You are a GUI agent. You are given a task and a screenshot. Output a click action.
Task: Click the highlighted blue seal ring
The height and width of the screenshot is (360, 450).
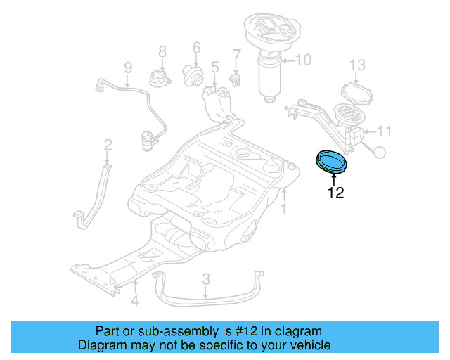332,161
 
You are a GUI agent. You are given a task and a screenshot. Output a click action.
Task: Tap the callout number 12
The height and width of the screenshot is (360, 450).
336,193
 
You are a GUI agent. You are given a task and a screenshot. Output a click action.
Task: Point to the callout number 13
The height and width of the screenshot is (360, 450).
358,65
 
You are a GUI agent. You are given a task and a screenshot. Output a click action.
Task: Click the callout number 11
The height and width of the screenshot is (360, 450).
385,131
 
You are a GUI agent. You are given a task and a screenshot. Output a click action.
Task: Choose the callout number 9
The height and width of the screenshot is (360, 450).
128,68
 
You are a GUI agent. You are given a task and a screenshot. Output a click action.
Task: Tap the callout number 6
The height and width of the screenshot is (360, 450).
196,49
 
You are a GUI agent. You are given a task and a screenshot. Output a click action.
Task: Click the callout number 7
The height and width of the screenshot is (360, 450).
237,54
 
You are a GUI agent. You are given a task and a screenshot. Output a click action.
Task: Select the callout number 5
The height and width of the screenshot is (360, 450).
214,68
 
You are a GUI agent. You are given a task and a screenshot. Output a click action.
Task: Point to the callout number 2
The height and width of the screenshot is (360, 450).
108,145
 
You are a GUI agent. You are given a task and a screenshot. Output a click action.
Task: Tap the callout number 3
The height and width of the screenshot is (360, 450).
205,279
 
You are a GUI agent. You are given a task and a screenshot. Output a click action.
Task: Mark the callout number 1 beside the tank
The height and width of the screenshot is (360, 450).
283,209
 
